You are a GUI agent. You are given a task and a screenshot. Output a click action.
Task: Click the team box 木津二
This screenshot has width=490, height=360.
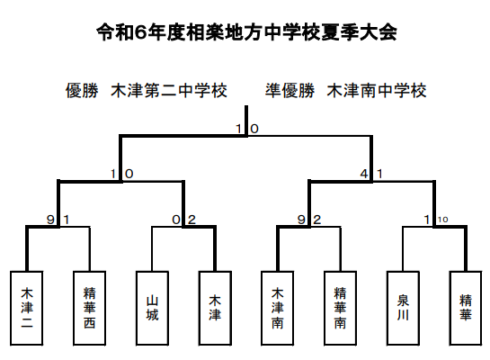click(27, 308)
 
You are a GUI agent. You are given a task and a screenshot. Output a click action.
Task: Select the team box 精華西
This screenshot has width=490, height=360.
click(89, 308)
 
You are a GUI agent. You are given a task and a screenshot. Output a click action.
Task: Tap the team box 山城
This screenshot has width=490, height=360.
click(152, 308)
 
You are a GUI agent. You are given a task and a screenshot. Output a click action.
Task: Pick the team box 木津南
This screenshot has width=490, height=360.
click(278, 308)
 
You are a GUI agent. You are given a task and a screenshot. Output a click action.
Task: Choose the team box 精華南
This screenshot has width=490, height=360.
click(341, 308)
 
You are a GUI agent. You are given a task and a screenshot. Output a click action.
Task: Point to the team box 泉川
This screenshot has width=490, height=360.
click(403, 308)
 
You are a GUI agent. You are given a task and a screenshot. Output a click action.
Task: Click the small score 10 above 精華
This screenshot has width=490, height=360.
click(442, 220)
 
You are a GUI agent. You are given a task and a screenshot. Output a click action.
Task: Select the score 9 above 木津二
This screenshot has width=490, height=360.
click(50, 220)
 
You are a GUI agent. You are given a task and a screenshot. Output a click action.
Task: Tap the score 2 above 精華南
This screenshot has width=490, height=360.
click(316, 220)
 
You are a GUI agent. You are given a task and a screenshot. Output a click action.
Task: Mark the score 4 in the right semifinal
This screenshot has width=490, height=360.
click(364, 174)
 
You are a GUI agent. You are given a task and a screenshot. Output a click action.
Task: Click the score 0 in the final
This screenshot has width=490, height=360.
click(254, 129)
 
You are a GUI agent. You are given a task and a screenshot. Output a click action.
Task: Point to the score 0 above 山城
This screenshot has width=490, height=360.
click(176, 220)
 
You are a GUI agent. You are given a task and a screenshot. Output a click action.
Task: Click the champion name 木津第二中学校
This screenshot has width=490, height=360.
click(169, 90)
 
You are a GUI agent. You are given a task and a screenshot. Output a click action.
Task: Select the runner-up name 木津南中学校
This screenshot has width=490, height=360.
click(377, 90)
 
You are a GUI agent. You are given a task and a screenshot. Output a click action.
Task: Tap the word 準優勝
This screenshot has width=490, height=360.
click(290, 90)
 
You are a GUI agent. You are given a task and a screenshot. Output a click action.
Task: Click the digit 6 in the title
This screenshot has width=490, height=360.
click(141, 32)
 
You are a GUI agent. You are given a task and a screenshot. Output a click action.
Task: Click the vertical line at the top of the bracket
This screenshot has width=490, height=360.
click(246, 121)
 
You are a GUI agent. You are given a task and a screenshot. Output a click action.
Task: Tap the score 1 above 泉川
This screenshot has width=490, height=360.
click(427, 220)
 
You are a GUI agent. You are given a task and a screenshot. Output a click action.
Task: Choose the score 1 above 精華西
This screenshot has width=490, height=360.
click(67, 220)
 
